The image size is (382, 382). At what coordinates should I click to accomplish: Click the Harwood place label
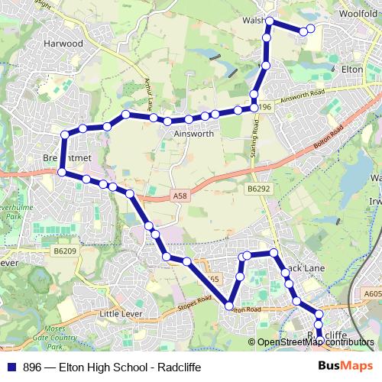[x=63, y=44]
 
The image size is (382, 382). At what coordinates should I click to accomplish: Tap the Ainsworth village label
[x=188, y=132]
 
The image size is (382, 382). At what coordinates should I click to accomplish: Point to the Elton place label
[x=352, y=69]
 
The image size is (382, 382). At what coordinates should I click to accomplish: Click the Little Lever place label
[x=121, y=313]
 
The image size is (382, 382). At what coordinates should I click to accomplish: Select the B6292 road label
[x=259, y=187]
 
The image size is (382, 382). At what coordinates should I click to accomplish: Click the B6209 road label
[x=66, y=250]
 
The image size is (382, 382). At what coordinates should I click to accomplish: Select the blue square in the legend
[x=11, y=367]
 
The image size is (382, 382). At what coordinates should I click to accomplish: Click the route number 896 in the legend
[x=33, y=367]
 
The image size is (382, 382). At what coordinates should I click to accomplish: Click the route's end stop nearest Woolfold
[x=303, y=31]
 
